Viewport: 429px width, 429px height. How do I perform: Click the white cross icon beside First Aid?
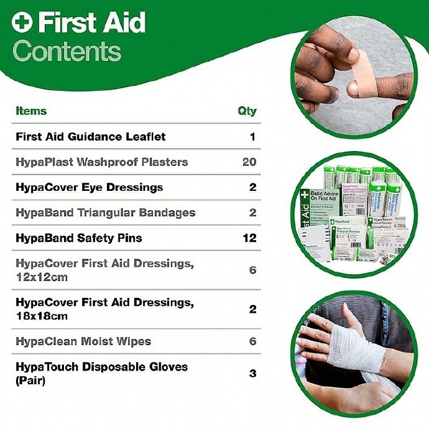pyautogui.click(x=21, y=23)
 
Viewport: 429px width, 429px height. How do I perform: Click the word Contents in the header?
pyautogui.click(x=67, y=51)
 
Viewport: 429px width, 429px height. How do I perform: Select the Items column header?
pyautogui.click(x=31, y=111)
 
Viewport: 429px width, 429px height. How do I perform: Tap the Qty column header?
pyautogui.click(x=247, y=111)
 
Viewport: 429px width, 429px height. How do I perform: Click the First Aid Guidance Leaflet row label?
pyautogui.click(x=91, y=137)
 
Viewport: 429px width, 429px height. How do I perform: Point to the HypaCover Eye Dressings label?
pyautogui.click(x=89, y=187)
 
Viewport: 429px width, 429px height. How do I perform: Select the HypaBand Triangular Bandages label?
pyautogui.click(x=105, y=213)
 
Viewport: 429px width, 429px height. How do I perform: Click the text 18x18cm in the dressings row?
pyautogui.click(x=42, y=315)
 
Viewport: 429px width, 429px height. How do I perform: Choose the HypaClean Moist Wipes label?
pyautogui.click(x=83, y=341)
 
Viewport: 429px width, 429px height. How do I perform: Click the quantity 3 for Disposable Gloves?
pyautogui.click(x=252, y=374)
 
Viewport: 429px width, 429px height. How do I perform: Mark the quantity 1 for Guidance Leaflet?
pyautogui.click(x=252, y=137)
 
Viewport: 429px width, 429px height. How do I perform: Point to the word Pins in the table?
pyautogui.click(x=131, y=238)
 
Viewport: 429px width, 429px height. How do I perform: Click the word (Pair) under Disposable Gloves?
pyautogui.click(x=30, y=380)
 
